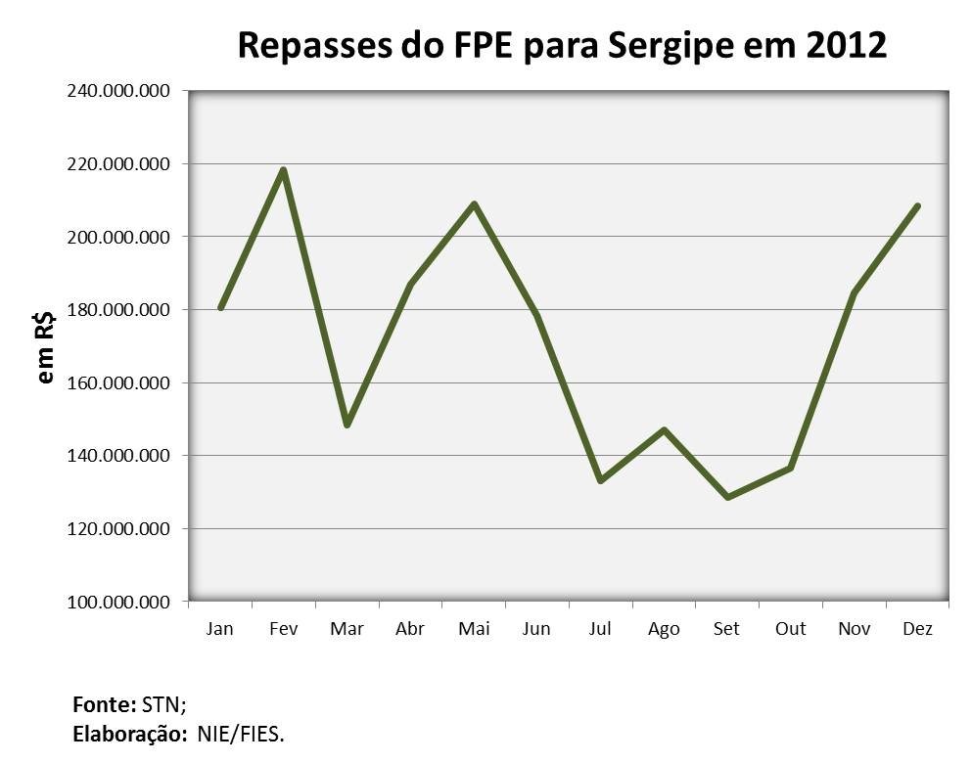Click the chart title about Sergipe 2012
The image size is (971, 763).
click(x=563, y=45)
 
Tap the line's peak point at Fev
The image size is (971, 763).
click(x=283, y=170)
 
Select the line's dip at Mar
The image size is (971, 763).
click(x=347, y=425)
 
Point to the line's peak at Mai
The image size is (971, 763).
click(x=474, y=204)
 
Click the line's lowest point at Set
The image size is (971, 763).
click(x=727, y=497)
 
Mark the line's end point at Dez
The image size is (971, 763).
click(x=917, y=206)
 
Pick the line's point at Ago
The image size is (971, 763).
click(x=664, y=430)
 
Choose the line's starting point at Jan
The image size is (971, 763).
click(x=221, y=307)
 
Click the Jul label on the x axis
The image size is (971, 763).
click(x=600, y=629)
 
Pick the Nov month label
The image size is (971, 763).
click(x=854, y=629)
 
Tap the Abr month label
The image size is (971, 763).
click(x=410, y=629)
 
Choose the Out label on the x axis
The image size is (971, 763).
click(x=790, y=629)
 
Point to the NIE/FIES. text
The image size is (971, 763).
click(x=241, y=732)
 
